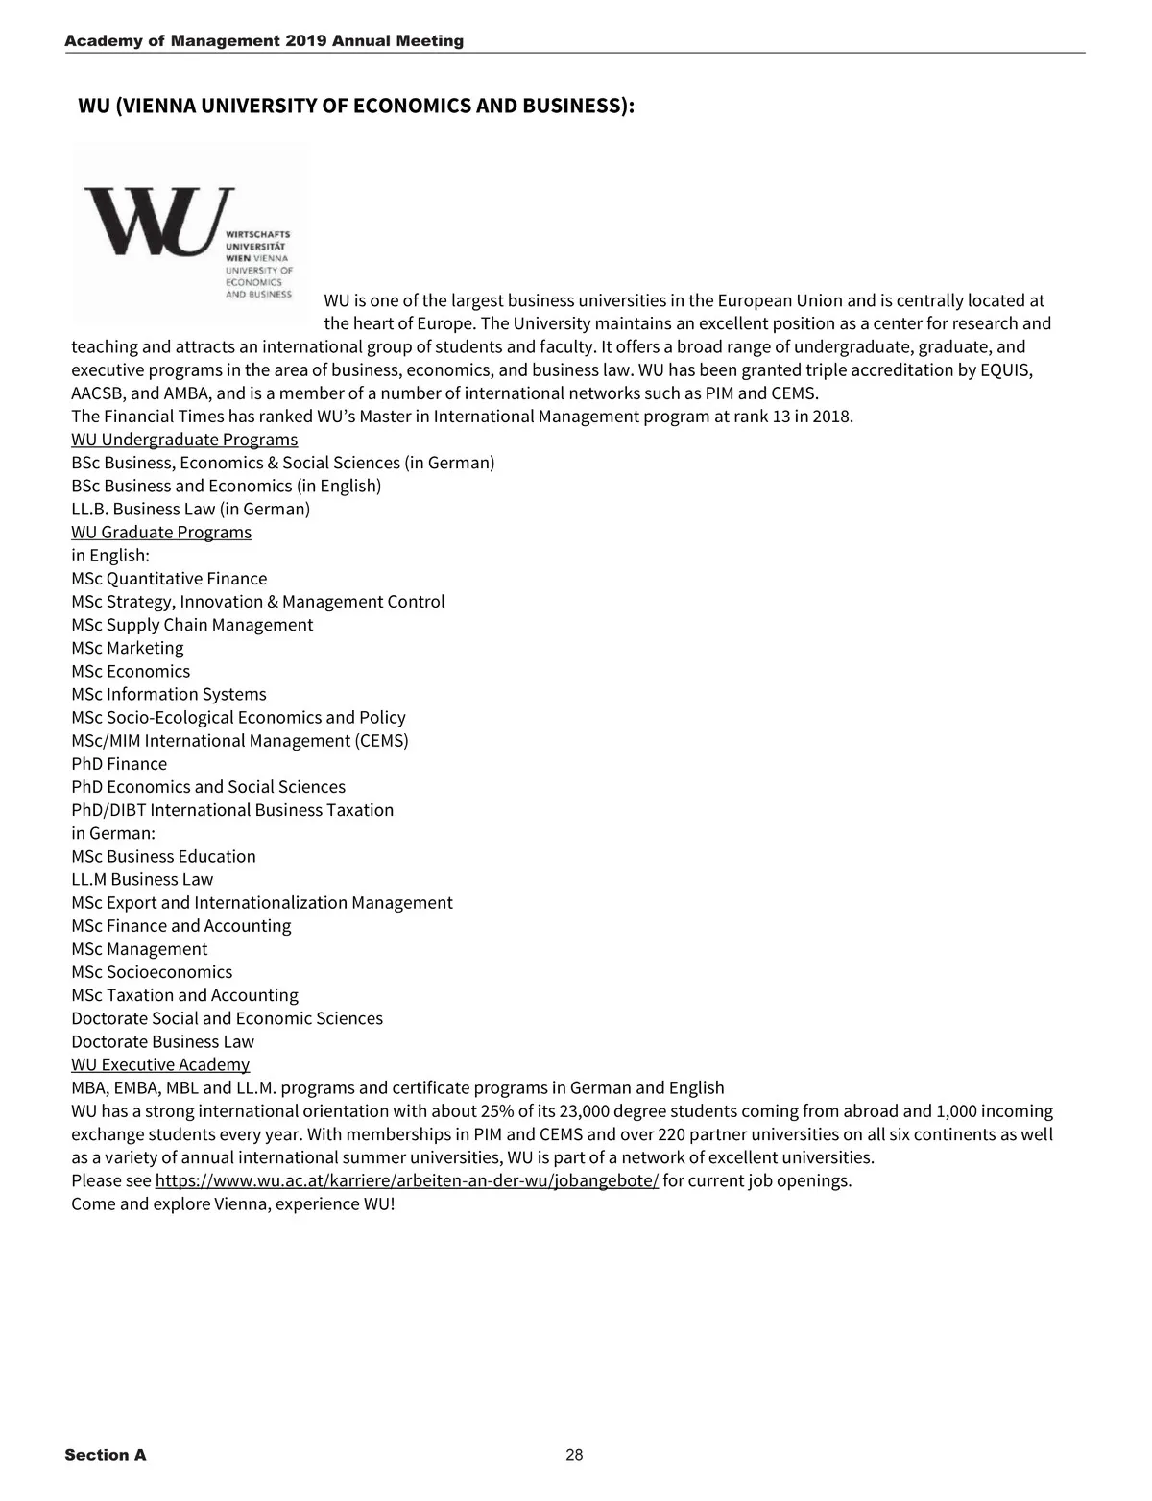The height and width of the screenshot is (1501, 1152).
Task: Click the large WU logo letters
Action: [158, 220]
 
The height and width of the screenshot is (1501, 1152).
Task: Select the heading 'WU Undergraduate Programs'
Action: [184, 440]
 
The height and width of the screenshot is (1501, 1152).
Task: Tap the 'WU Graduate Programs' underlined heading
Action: [161, 533]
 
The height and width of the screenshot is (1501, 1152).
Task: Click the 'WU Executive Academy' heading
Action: [160, 1064]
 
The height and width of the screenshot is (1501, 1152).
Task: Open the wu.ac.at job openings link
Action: [406, 1180]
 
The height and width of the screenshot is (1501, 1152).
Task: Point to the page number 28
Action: [574, 1455]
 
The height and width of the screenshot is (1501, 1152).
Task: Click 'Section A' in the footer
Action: [106, 1455]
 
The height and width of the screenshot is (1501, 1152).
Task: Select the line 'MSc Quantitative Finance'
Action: [169, 579]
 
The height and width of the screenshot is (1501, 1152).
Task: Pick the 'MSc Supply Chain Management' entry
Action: [192, 625]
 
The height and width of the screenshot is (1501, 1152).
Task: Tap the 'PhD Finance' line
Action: [119, 764]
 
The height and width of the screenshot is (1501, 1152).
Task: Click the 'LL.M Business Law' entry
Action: [142, 879]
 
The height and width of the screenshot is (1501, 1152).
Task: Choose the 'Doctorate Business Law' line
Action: [162, 1041]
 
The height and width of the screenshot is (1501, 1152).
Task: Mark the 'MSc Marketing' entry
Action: [127, 648]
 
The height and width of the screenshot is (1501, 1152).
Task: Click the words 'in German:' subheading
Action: [113, 833]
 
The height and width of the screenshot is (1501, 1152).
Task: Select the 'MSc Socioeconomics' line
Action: [152, 972]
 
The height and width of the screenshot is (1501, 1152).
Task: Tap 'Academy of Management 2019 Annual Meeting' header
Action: [264, 41]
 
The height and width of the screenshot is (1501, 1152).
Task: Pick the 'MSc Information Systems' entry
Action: [169, 694]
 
